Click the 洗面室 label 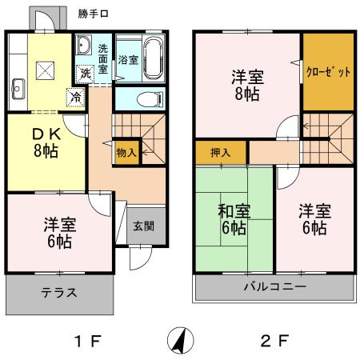(x=103, y=58)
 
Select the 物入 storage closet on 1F (x=126, y=151)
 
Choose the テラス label (x=59, y=294)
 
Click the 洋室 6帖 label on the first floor (x=58, y=232)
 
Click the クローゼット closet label (x=329, y=71)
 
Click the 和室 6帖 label (x=234, y=220)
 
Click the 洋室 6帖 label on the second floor (x=314, y=219)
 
